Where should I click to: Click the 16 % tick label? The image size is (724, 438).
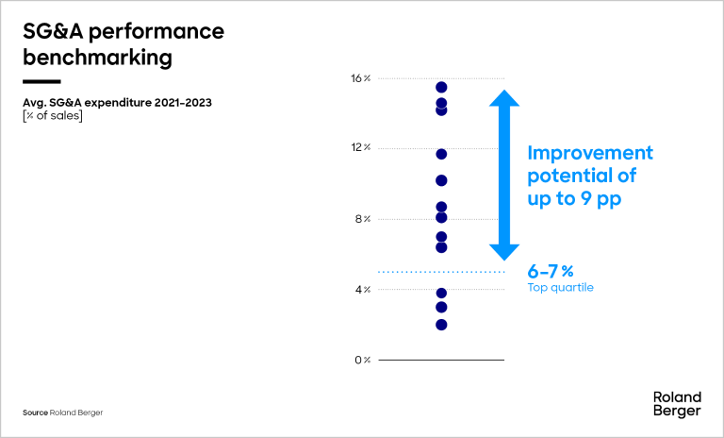(361, 78)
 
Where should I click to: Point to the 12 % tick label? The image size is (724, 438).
(361, 148)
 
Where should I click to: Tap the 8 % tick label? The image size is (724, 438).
(363, 219)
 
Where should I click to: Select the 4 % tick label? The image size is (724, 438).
(363, 290)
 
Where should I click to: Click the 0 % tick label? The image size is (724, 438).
(363, 360)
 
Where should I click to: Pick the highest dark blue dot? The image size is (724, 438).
(441, 88)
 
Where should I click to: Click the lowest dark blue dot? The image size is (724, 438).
(441, 325)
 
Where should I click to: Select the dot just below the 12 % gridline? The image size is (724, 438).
(441, 154)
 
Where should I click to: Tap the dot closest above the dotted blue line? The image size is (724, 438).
(441, 247)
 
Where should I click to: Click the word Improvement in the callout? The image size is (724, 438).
(590, 153)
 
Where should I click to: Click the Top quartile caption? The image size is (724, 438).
(560, 288)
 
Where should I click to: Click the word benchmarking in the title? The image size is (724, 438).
(98, 58)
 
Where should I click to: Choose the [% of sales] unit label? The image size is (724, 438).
(53, 116)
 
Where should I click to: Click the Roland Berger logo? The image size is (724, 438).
(677, 403)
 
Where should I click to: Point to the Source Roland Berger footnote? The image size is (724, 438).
(63, 413)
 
